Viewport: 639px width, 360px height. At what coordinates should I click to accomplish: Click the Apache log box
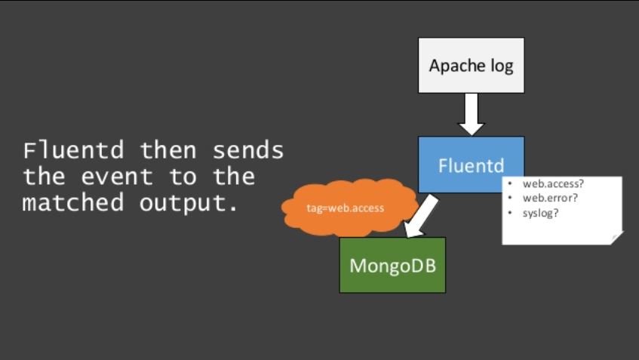tap(471, 66)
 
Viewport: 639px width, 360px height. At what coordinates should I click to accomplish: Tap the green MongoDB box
tap(392, 265)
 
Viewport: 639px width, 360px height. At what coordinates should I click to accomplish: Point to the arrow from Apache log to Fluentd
tap(471, 114)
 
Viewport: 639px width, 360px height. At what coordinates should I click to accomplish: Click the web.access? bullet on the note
tap(546, 183)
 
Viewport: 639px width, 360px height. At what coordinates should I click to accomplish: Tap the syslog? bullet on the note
tap(538, 212)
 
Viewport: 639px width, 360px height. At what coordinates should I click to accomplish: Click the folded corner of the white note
tap(616, 238)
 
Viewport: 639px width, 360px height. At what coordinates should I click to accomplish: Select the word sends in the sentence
tap(247, 150)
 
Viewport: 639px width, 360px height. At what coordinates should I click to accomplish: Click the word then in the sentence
tap(167, 150)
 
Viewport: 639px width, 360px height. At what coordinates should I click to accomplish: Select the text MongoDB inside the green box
tap(392, 266)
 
